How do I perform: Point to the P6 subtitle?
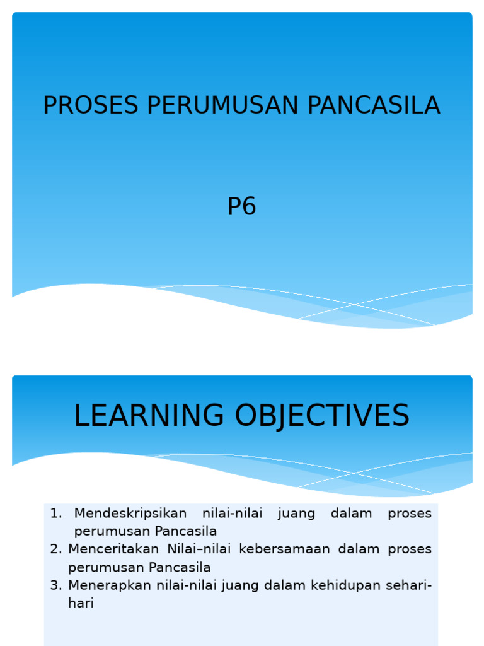242,207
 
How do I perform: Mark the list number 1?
55,514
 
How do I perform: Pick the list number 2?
55,549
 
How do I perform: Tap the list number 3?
55,585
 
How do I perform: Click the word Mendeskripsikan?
130,514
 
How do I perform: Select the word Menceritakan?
113,549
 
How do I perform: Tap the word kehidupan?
333,585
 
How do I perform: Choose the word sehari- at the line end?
409,585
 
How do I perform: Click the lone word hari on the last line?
81,603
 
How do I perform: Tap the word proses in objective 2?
410,549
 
